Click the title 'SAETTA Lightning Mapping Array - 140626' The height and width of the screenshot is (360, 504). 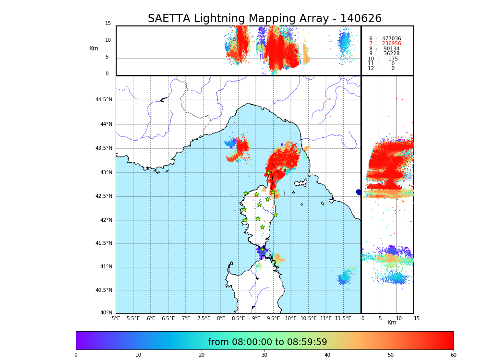click(264, 19)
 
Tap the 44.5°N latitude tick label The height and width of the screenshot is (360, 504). click(104, 100)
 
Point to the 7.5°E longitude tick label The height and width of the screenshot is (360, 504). click(204, 318)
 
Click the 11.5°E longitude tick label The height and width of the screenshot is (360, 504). click(343, 318)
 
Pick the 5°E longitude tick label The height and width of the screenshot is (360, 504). click(116, 318)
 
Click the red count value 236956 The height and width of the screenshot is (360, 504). click(391, 44)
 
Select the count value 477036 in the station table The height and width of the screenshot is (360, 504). click(391, 39)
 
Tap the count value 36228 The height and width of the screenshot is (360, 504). click(391, 54)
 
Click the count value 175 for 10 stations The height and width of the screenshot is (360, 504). click(393, 59)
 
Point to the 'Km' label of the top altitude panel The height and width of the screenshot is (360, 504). click(94, 48)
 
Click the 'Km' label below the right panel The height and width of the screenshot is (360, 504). click(392, 323)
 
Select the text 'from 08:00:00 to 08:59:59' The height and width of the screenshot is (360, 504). click(267, 342)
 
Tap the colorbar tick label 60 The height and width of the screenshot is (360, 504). click(453, 355)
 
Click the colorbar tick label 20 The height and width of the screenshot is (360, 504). click(202, 355)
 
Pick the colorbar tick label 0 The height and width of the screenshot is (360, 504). click(76, 355)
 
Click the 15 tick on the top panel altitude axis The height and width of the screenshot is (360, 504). click(108, 24)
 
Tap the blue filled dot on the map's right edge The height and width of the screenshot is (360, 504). click(359, 192)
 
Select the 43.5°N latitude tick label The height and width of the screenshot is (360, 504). click(104, 148)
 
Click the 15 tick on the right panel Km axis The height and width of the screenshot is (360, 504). click(417, 318)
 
